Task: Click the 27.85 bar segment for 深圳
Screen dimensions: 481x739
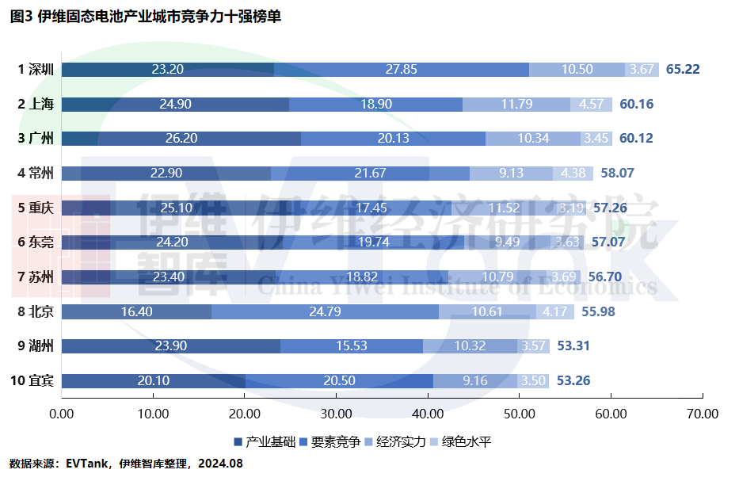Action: (x=402, y=69)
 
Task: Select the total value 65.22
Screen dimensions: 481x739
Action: (x=683, y=69)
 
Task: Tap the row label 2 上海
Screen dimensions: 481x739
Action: (x=36, y=104)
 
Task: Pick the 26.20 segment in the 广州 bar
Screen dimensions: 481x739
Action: (x=181, y=139)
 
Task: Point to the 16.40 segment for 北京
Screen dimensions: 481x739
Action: (x=136, y=311)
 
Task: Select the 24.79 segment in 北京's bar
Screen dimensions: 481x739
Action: (x=325, y=311)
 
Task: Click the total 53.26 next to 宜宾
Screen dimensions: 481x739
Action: (x=573, y=380)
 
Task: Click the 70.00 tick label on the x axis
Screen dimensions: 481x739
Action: (x=703, y=414)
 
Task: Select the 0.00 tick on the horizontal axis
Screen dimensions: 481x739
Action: (x=61, y=414)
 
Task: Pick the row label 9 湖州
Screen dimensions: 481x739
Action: (x=36, y=346)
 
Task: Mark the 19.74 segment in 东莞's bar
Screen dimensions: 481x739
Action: (x=373, y=242)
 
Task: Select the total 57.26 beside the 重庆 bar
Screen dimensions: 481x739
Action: (x=610, y=208)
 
